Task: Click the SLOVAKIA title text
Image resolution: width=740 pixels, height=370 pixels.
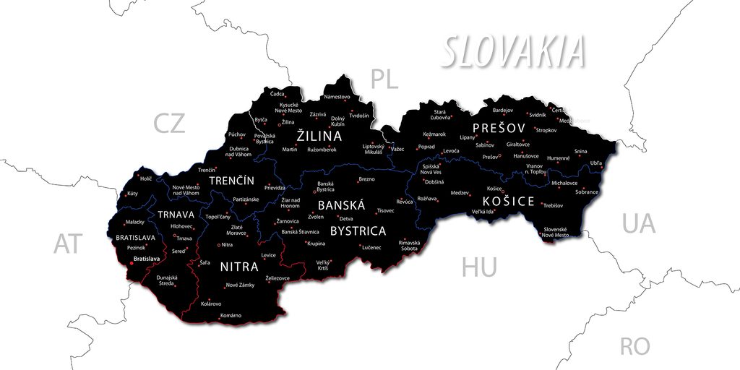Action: [512, 52]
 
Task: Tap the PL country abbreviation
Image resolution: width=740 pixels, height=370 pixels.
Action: [384, 79]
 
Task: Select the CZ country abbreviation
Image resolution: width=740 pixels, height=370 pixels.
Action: [169, 124]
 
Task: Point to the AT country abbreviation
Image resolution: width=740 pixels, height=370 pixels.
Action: [68, 244]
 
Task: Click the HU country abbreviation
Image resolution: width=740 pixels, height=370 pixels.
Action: [479, 268]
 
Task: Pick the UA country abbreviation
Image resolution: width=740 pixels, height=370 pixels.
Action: [639, 223]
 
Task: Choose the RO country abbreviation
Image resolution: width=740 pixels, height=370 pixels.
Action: [634, 346]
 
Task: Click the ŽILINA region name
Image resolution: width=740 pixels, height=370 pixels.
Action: [319, 136]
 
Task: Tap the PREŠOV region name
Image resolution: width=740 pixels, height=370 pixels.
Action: [499, 128]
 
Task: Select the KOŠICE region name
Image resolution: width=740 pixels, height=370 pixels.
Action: [509, 202]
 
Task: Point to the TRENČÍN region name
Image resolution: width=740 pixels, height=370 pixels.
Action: [231, 180]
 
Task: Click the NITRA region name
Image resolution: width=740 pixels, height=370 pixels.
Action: [239, 267]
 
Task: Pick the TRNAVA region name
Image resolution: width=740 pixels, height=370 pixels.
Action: [176, 215]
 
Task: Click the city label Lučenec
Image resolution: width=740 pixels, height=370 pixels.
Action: [371, 247]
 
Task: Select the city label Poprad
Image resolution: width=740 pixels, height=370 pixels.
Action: [426, 147]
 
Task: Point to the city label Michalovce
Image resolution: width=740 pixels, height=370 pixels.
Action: [564, 183]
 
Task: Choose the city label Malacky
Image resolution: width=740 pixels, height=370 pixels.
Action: [135, 222]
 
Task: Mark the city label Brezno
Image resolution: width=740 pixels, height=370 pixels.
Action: [366, 179]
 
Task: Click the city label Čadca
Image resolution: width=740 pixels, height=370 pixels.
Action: [277, 94]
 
